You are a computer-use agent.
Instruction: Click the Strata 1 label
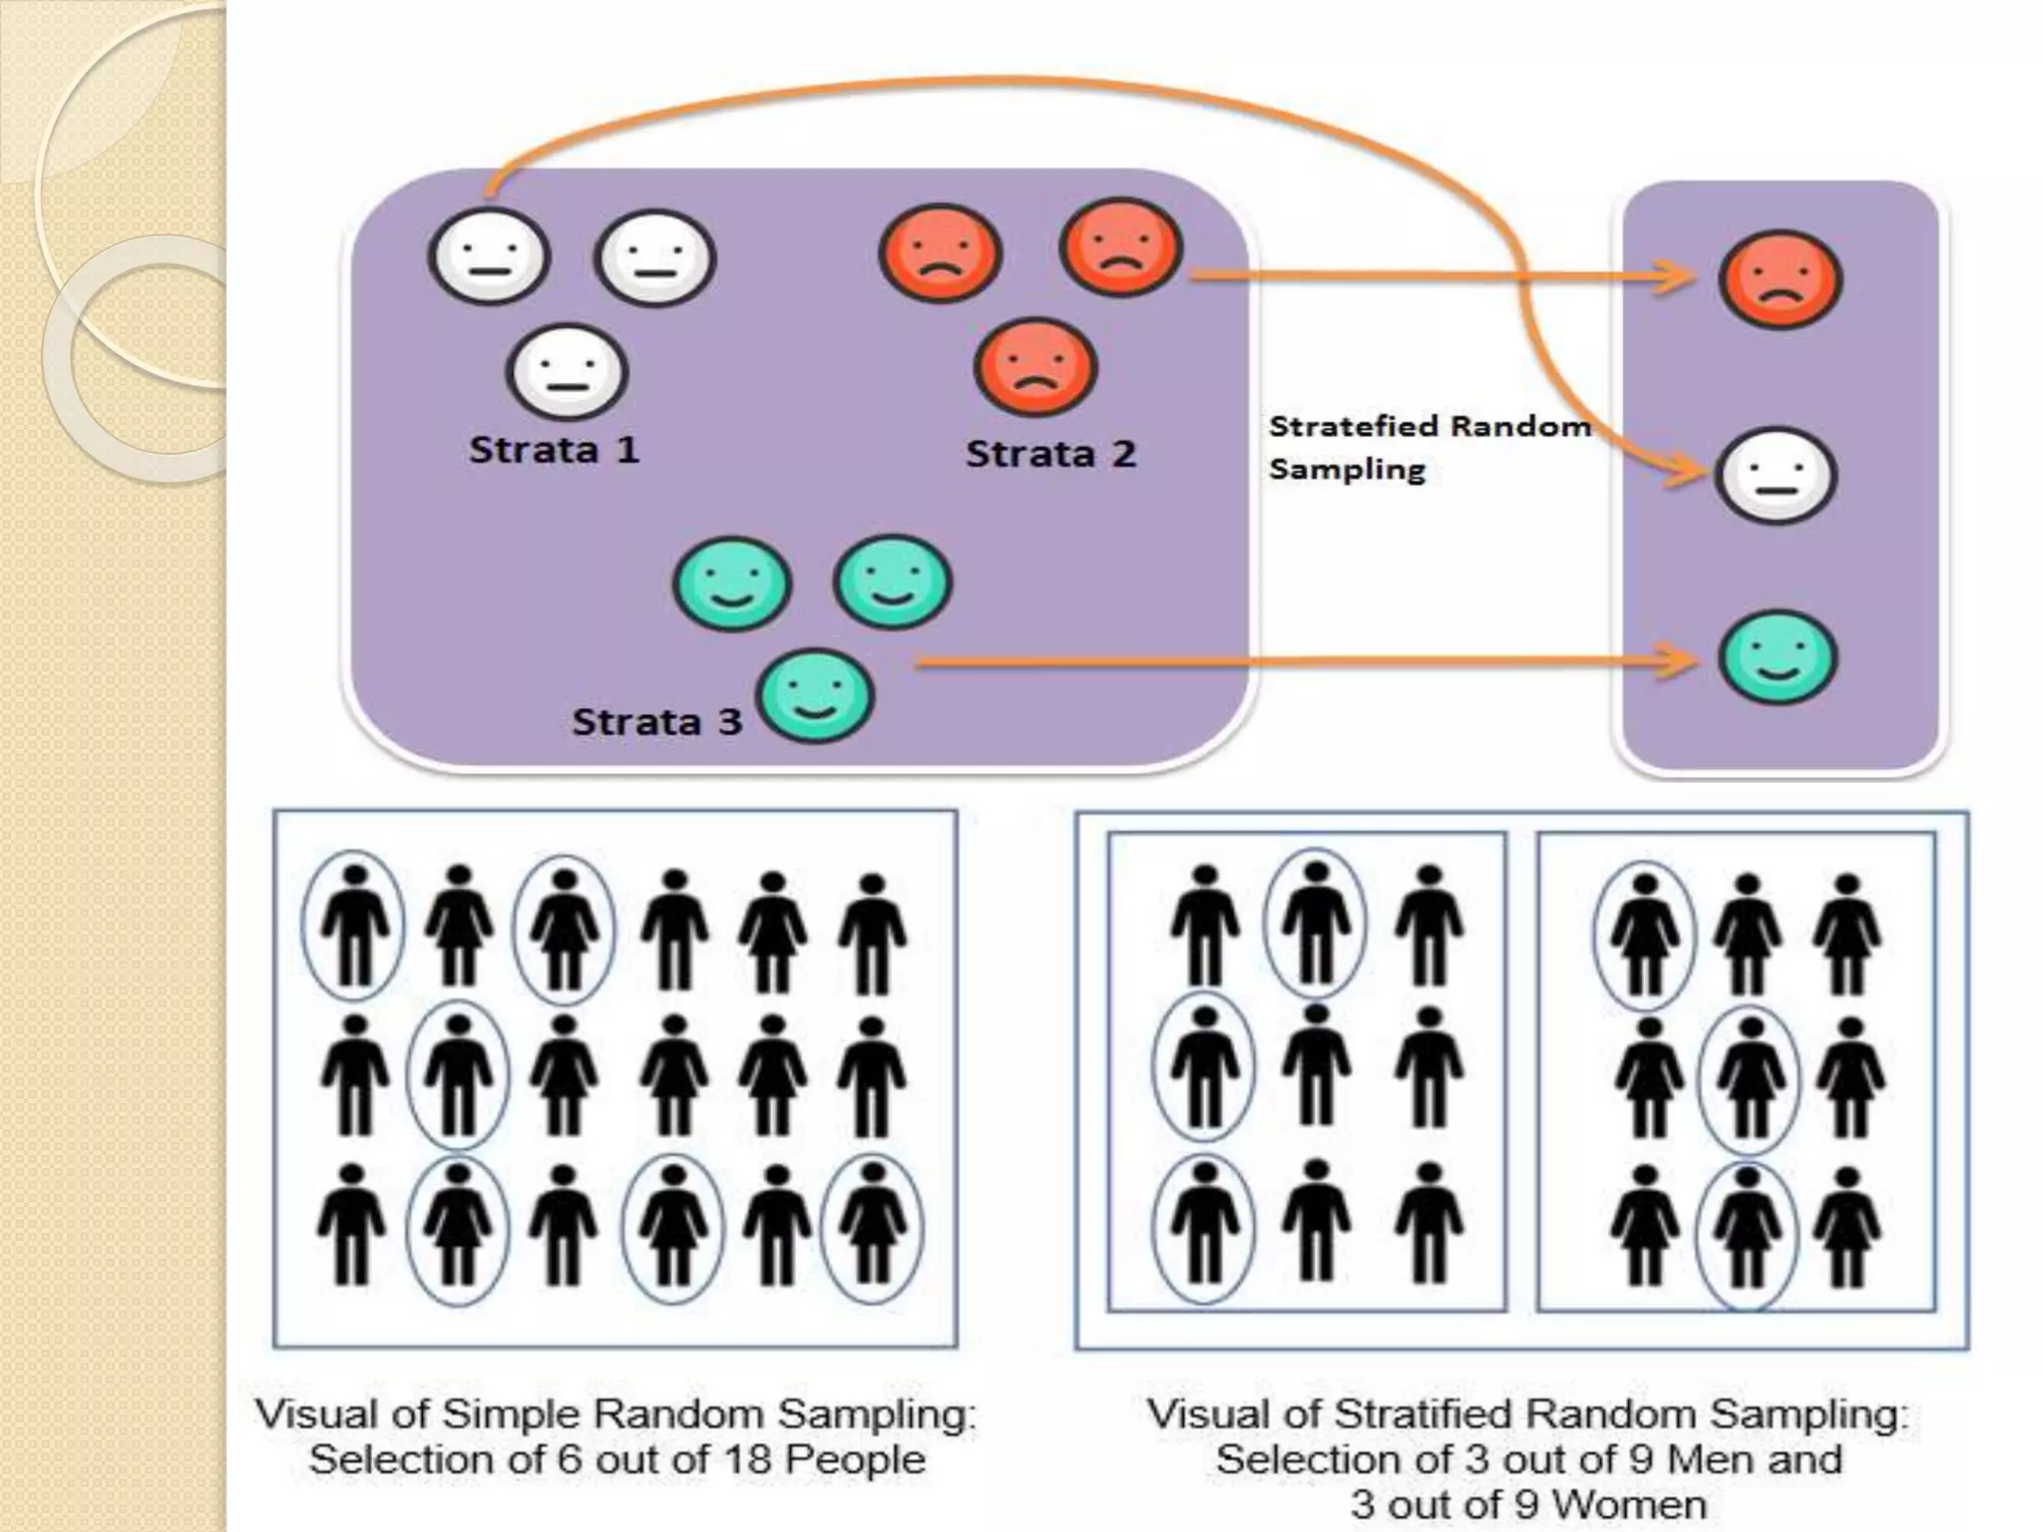554,450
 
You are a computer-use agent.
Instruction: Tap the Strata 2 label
1050,455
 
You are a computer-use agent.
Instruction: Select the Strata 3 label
656,722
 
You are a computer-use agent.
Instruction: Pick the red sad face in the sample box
1780,280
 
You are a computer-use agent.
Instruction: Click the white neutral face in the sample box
1775,476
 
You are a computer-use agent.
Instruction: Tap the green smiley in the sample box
1778,658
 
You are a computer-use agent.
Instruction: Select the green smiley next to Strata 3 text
815,696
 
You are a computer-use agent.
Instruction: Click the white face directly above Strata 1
567,372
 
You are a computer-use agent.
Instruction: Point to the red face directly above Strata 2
1034,367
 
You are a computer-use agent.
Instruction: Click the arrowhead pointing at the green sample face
1678,660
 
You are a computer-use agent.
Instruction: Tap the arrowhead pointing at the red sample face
1676,276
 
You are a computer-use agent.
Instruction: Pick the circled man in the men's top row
1315,924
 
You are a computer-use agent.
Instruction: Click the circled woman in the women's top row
1644,936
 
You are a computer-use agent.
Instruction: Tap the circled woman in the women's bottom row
1746,1234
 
